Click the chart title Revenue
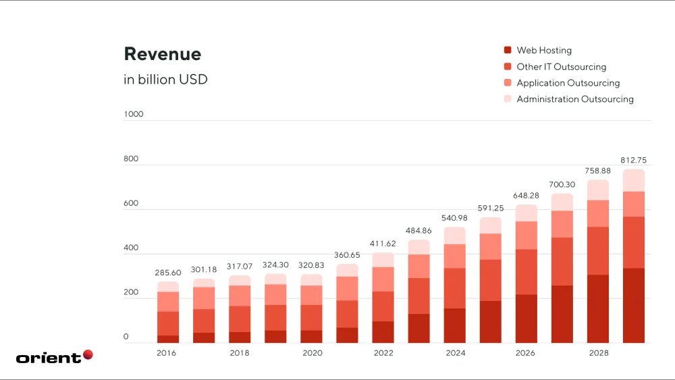(x=162, y=54)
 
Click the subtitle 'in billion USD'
(x=165, y=80)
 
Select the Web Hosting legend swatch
(x=507, y=51)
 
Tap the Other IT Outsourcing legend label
(x=561, y=67)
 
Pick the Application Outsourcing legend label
(x=568, y=83)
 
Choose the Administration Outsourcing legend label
(x=575, y=99)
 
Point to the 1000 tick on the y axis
(x=134, y=114)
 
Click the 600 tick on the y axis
(x=131, y=203)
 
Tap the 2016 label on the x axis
(x=166, y=353)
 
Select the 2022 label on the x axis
(x=383, y=353)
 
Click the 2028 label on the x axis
(x=598, y=353)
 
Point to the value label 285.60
(x=168, y=273)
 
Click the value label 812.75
(x=633, y=160)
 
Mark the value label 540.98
(x=454, y=218)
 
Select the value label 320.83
(x=311, y=265)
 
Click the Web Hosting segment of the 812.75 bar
(x=633, y=305)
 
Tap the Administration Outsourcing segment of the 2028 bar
(x=597, y=190)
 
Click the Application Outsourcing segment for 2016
(x=168, y=302)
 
